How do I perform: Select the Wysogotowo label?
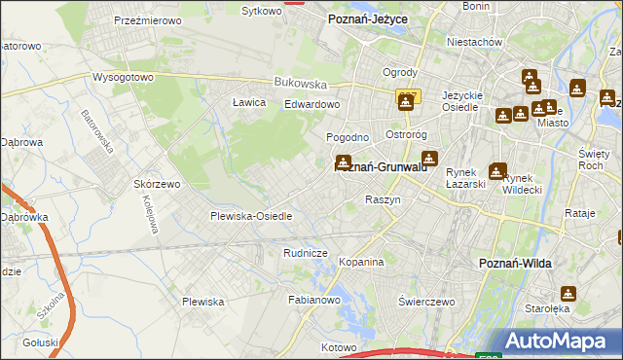[124, 77]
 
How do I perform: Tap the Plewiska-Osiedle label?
[251, 216]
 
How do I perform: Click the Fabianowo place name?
[312, 301]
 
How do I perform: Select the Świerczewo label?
[427, 302]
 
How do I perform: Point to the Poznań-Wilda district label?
[518, 263]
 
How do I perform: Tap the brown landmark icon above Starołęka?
[568, 293]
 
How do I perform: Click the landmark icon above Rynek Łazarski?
[497, 171]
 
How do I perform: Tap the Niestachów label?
[474, 42]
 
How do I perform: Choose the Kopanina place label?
[362, 263]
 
